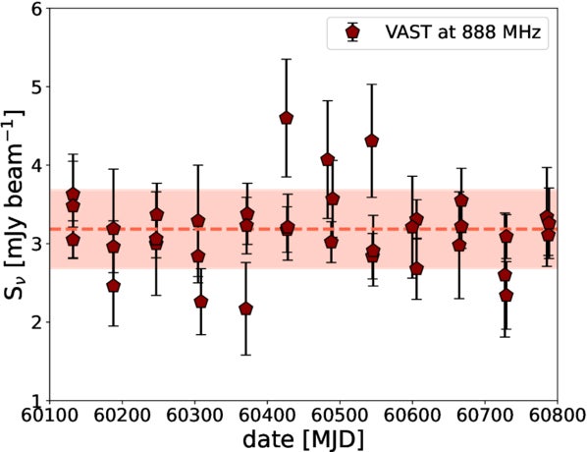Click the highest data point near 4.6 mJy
click(286, 118)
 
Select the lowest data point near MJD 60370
click(245, 309)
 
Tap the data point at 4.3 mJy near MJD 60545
click(372, 141)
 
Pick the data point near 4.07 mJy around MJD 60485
click(328, 159)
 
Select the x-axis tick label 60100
click(50, 417)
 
